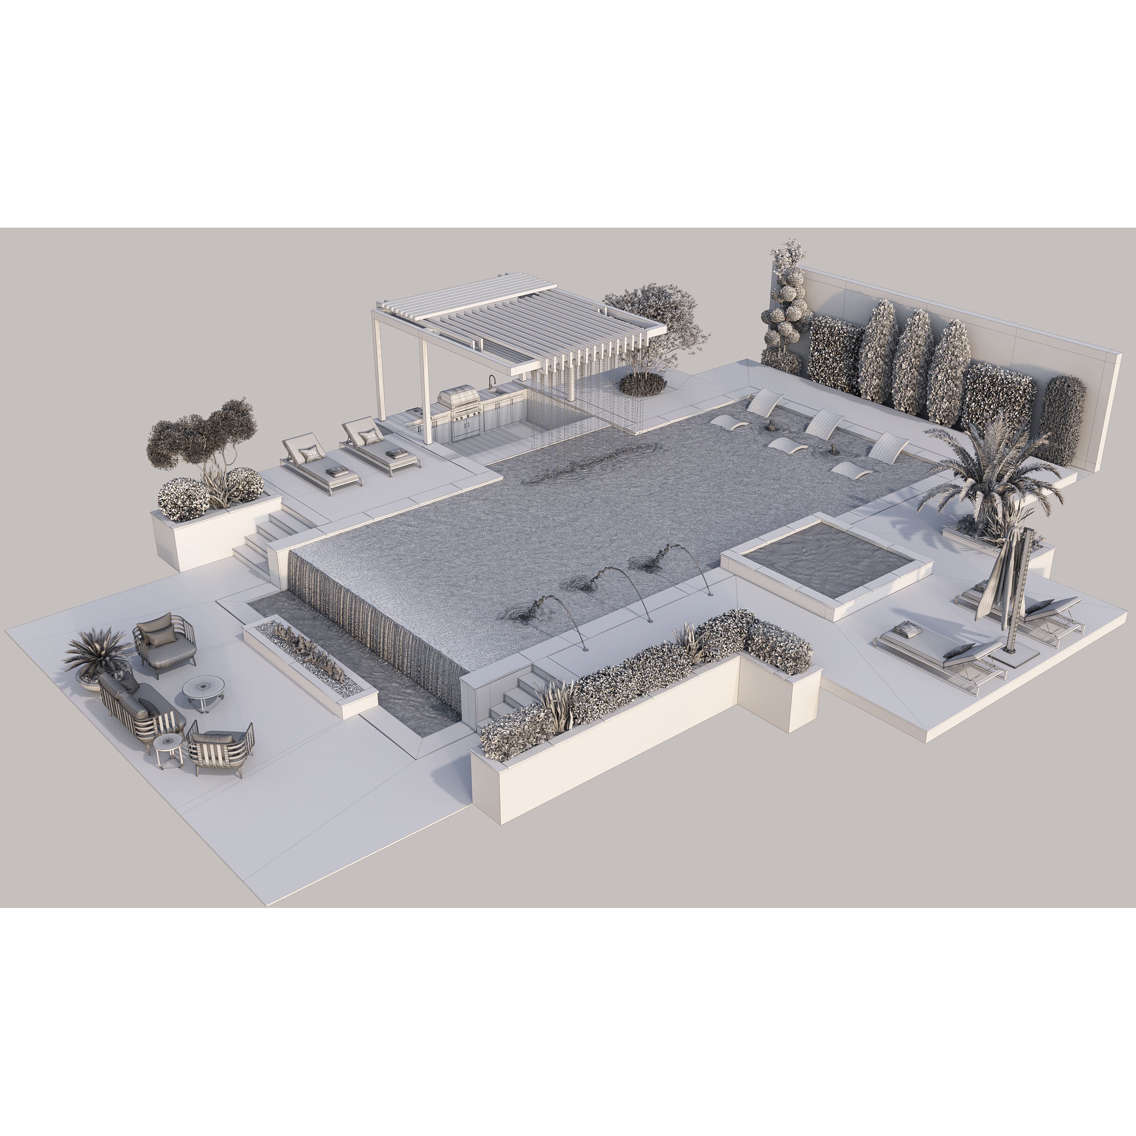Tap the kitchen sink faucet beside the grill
point(492,383)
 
